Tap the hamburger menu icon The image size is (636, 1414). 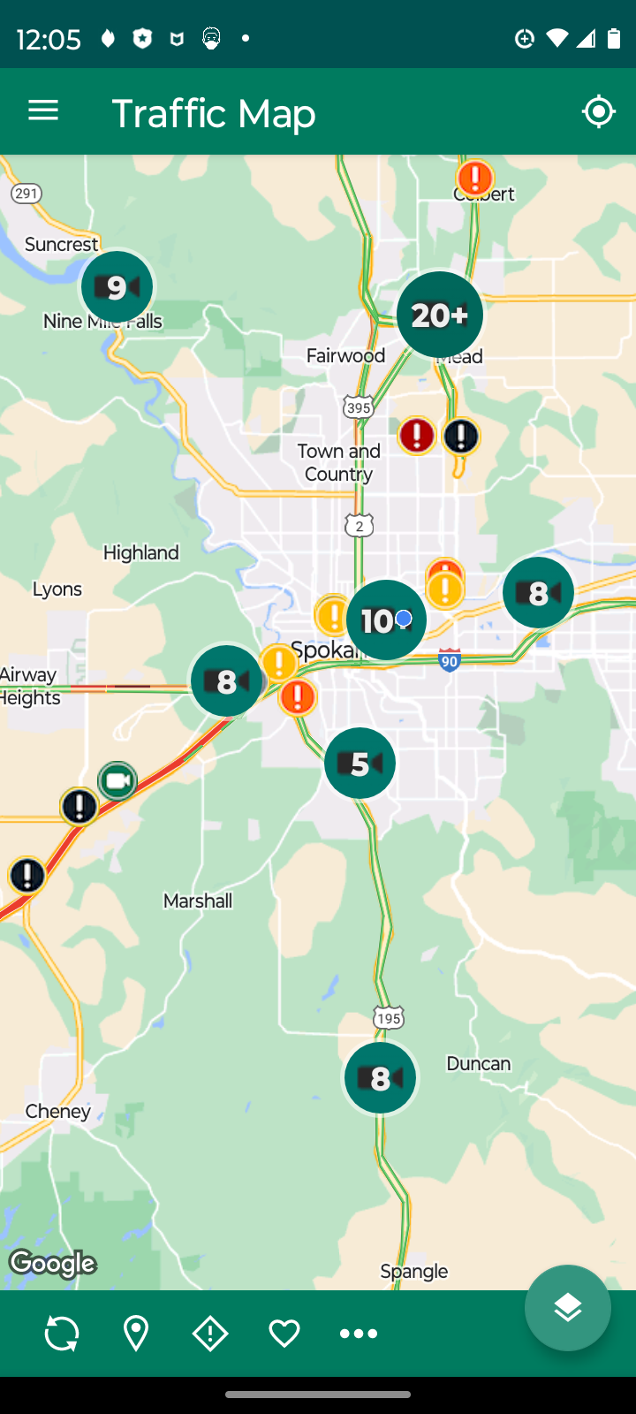tap(43, 110)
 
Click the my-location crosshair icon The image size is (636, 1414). tap(598, 111)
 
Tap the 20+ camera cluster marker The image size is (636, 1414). tap(439, 315)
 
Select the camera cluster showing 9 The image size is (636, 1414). tap(117, 286)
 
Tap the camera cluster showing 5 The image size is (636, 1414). tap(360, 763)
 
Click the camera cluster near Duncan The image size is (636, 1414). tap(380, 1077)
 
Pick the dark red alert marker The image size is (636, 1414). tap(416, 435)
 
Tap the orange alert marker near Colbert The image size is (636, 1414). tap(475, 179)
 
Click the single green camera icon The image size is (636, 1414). tap(117, 781)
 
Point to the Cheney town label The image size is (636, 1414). tap(58, 1111)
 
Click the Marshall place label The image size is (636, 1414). tap(198, 901)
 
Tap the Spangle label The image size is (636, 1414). tap(413, 1271)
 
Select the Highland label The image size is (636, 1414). tap(141, 552)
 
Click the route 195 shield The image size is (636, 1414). tap(388, 1018)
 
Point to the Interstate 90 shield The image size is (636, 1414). tap(450, 659)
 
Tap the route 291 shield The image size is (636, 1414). tap(26, 194)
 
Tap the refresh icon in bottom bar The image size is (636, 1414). tap(62, 1333)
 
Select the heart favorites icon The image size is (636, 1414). tap(284, 1333)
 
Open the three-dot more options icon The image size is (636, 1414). tap(359, 1333)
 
